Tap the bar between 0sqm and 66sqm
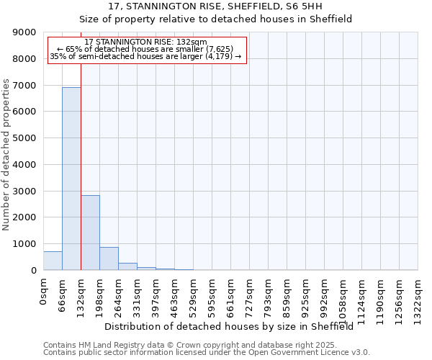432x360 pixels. pyautogui.click(x=53, y=261)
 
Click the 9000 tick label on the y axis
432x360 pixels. pyautogui.click(x=24, y=32)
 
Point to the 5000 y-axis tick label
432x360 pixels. pyautogui.click(x=24, y=138)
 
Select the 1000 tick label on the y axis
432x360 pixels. pyautogui.click(x=24, y=244)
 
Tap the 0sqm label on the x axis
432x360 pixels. pyautogui.click(x=43, y=291)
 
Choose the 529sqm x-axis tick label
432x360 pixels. pyautogui.click(x=193, y=296)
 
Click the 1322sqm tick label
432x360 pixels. pyautogui.click(x=418, y=298)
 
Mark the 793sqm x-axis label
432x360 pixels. pyautogui.click(x=268, y=296)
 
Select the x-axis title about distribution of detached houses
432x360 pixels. pyautogui.click(x=234, y=326)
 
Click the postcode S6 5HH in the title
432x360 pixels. pyautogui.click(x=315, y=6)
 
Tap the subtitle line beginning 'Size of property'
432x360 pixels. pyautogui.click(x=215, y=19)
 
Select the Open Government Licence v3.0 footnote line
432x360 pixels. pyautogui.click(x=206, y=352)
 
